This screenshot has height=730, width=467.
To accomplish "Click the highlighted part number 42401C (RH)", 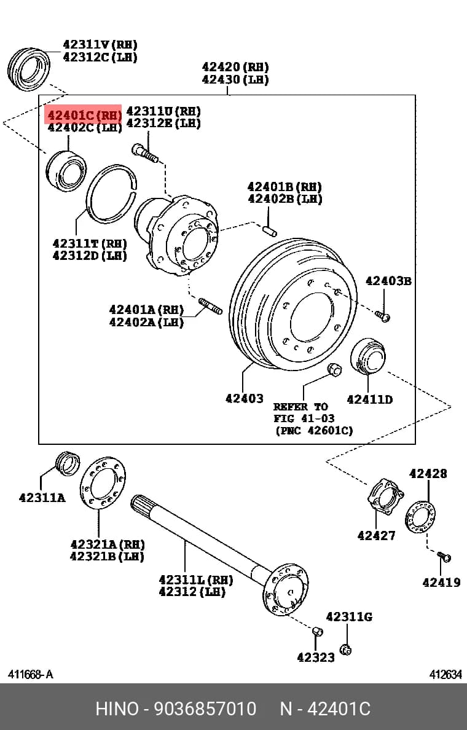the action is click(84, 114).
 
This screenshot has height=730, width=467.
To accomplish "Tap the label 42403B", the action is click(388, 281).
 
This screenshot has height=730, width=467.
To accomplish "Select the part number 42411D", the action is click(370, 399).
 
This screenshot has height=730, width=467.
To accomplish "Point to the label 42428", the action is click(428, 474).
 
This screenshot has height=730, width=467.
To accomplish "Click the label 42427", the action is click(376, 535).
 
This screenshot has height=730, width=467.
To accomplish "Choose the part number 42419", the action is click(441, 582).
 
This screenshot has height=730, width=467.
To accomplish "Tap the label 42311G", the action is click(349, 617).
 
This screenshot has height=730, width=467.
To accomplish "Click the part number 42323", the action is click(316, 657).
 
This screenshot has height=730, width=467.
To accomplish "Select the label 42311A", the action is click(42, 498).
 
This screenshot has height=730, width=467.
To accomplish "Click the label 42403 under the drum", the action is click(245, 398).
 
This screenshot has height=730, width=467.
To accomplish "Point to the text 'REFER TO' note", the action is click(300, 406).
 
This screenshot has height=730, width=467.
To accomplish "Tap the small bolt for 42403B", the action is click(382, 316).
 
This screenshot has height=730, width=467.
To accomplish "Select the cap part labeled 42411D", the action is click(368, 356).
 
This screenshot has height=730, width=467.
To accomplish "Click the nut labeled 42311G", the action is click(345, 650).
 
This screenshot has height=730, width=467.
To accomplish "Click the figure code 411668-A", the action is click(31, 674).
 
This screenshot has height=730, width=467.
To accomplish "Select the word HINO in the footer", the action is click(117, 708).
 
